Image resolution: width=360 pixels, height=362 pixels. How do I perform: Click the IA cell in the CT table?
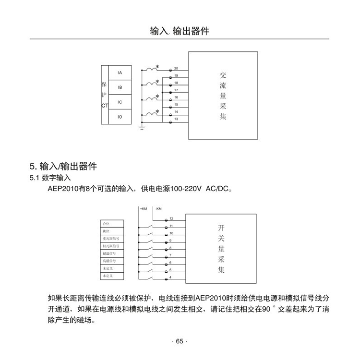120,72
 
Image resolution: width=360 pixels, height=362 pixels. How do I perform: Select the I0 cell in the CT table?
120,117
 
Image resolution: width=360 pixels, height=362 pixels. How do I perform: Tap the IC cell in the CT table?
120,102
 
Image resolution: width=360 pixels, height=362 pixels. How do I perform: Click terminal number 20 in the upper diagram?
176,69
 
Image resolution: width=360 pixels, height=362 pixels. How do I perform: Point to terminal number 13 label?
176,119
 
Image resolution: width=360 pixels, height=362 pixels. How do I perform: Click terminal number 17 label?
176,90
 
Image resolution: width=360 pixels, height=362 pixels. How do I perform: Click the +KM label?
144,208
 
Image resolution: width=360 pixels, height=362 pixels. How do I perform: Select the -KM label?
159,208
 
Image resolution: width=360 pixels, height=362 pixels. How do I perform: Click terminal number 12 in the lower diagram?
171,218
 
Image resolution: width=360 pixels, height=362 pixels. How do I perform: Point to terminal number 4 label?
170,278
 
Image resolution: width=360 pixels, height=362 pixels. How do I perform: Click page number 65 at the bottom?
180,341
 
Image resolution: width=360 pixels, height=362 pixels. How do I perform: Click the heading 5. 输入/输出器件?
63,167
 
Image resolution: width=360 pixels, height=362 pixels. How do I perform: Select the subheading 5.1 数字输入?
50,178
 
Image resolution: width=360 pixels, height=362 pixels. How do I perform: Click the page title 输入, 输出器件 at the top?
180,31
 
